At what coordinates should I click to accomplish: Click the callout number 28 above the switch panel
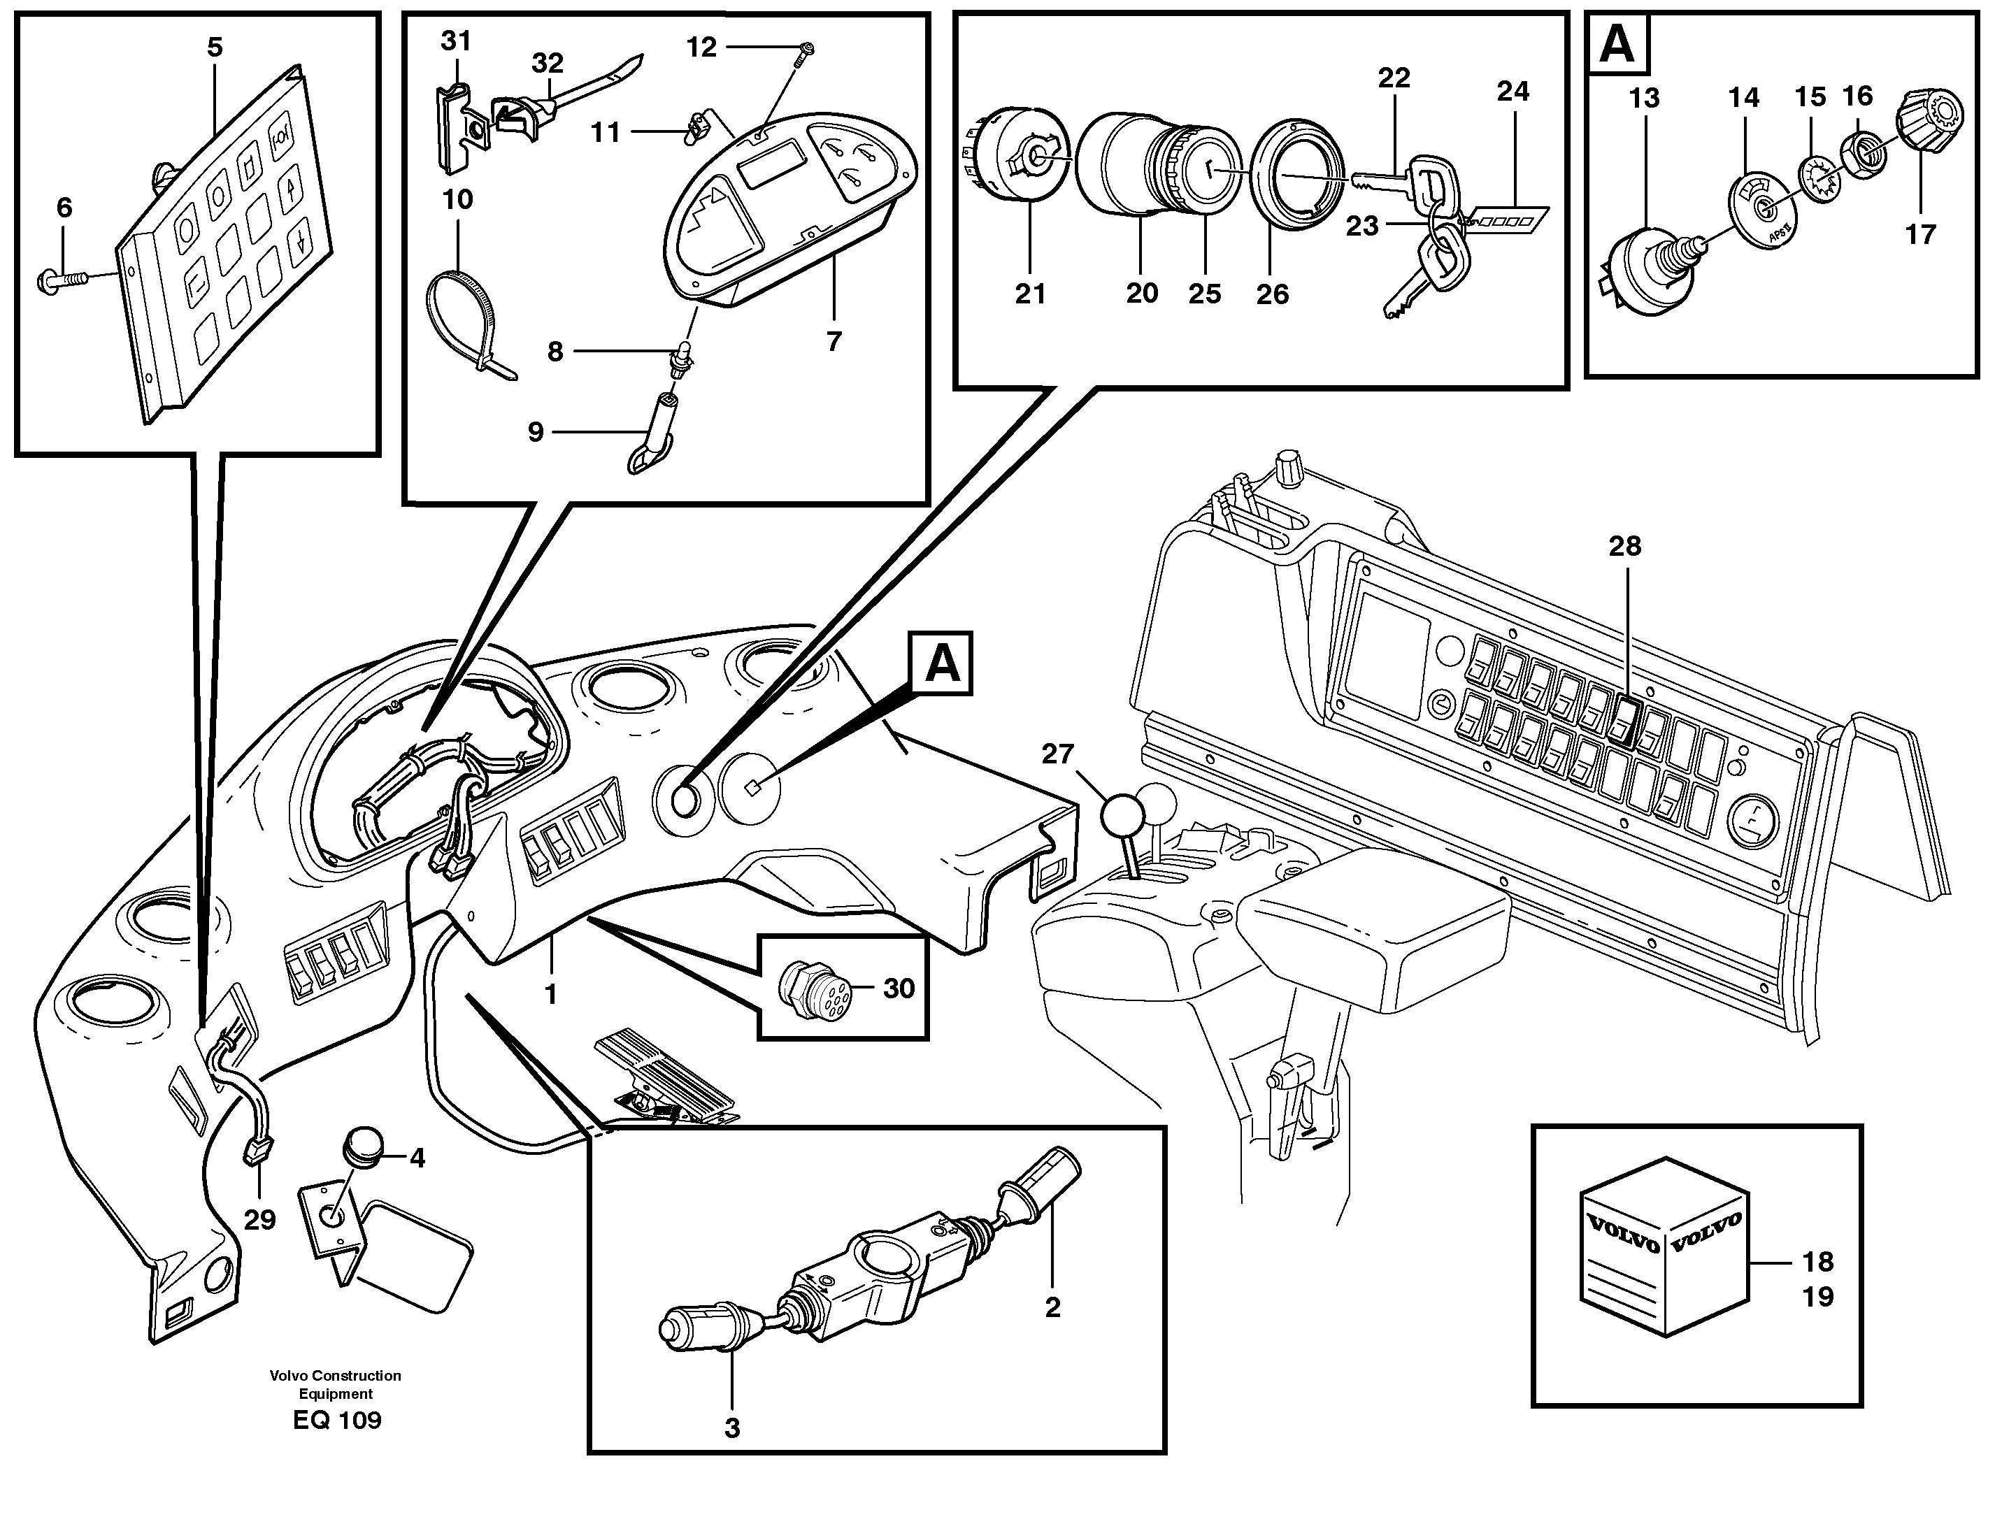1624,546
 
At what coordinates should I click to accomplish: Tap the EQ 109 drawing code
337,1421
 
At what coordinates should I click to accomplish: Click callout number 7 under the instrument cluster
833,341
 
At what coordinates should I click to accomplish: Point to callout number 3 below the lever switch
731,1428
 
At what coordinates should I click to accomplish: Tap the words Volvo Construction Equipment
335,1384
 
